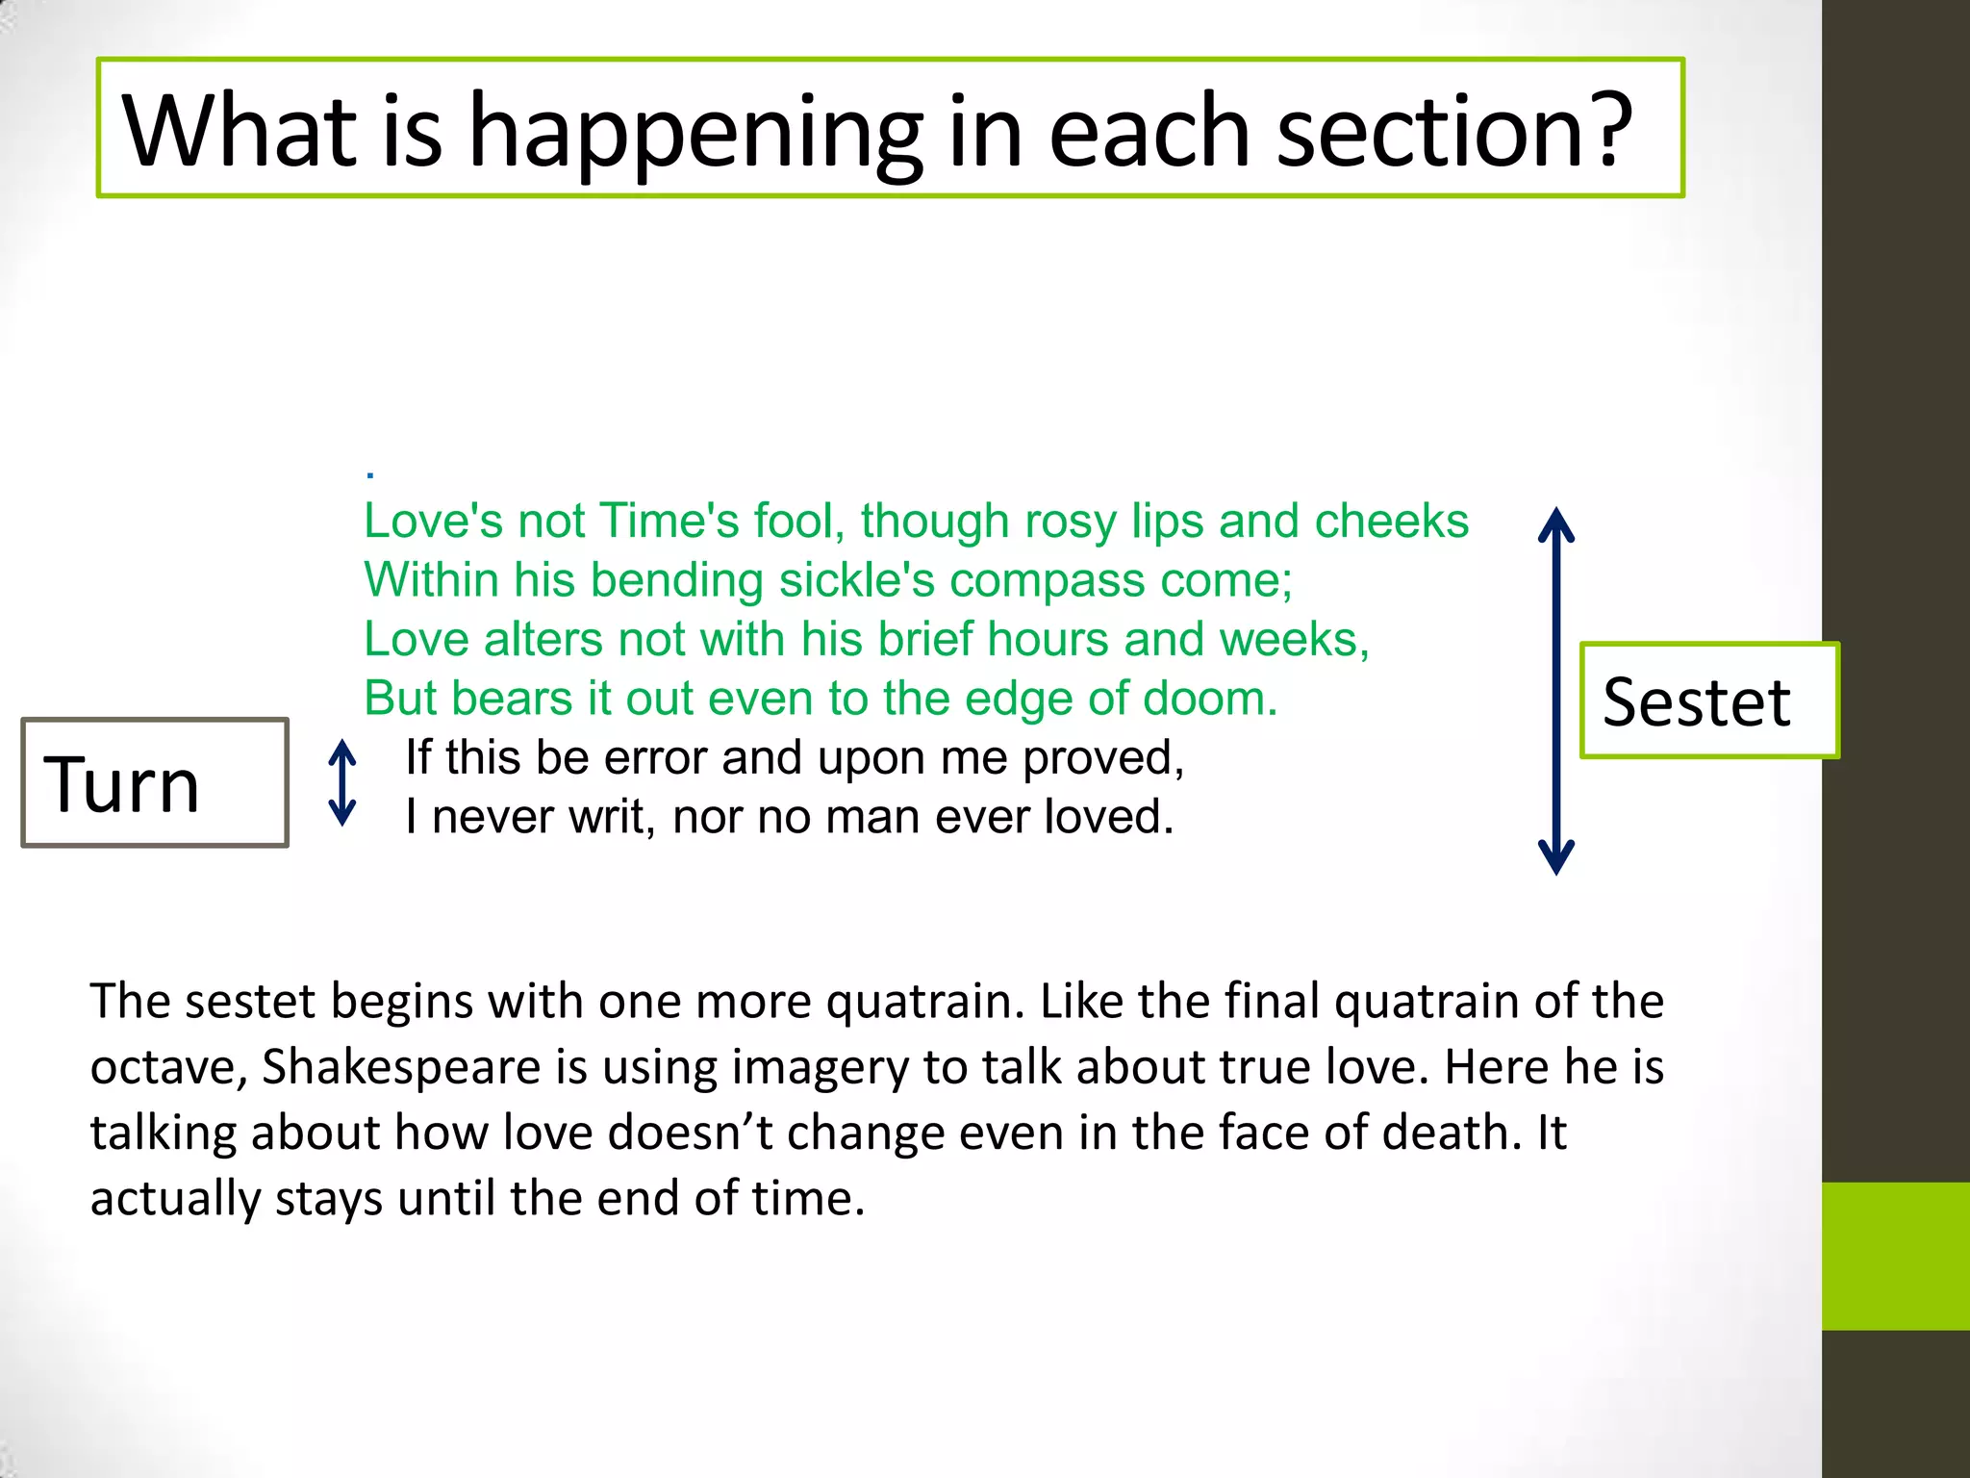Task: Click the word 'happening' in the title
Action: point(695,133)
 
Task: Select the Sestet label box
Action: point(1708,701)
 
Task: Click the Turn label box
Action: point(155,783)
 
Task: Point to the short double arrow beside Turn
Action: point(342,782)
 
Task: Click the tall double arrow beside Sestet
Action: point(1555,690)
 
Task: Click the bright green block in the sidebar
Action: point(1895,1256)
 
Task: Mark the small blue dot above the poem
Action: point(370,474)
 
